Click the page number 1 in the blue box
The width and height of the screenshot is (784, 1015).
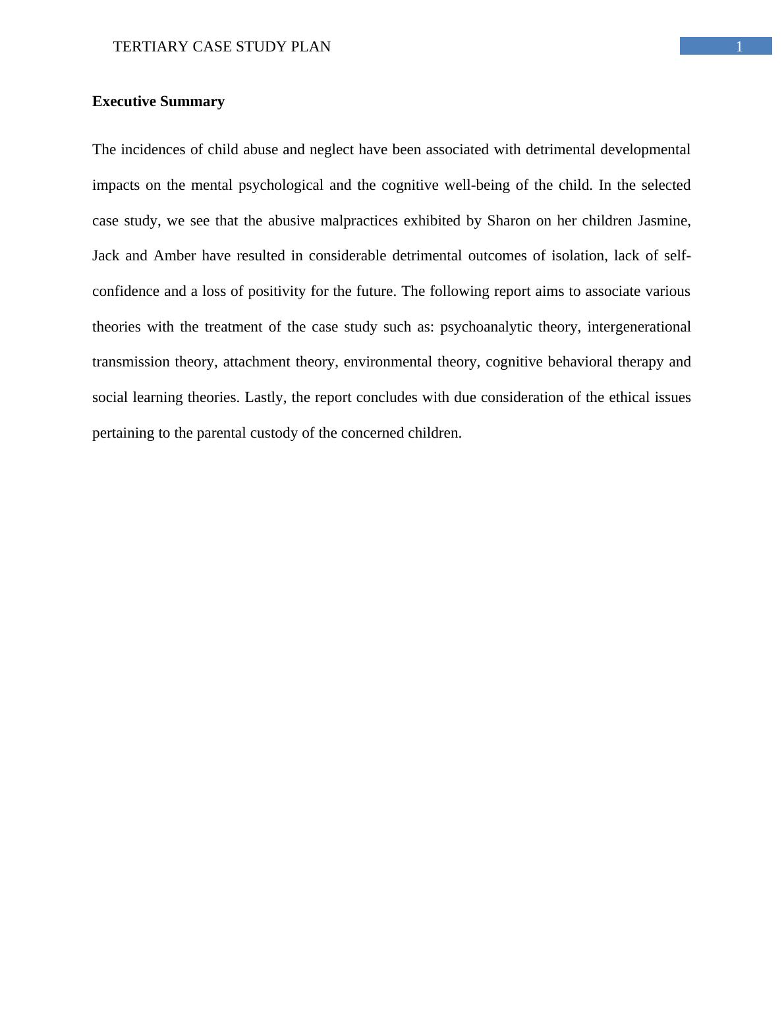click(739, 46)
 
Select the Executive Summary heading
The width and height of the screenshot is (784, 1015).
click(158, 101)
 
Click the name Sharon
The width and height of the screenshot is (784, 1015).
click(509, 221)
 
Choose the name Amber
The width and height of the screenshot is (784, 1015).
click(175, 256)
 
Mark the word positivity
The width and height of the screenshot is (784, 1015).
click(277, 291)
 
